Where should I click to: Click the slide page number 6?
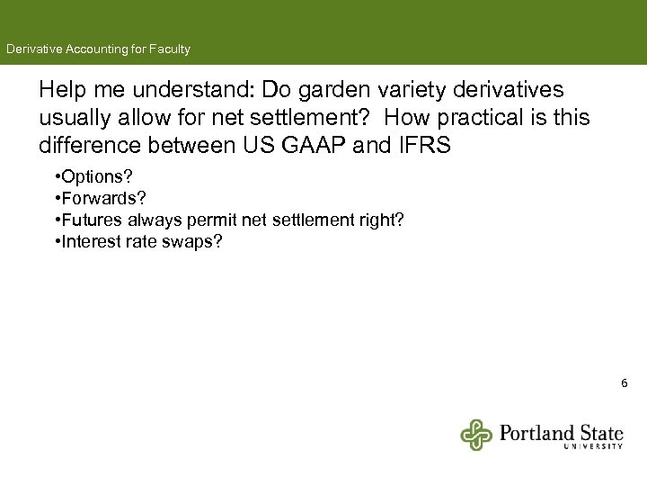(625, 384)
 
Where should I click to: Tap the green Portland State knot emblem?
(477, 435)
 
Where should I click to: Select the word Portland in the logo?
(536, 432)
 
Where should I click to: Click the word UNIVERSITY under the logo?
(593, 445)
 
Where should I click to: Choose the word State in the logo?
(599, 432)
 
